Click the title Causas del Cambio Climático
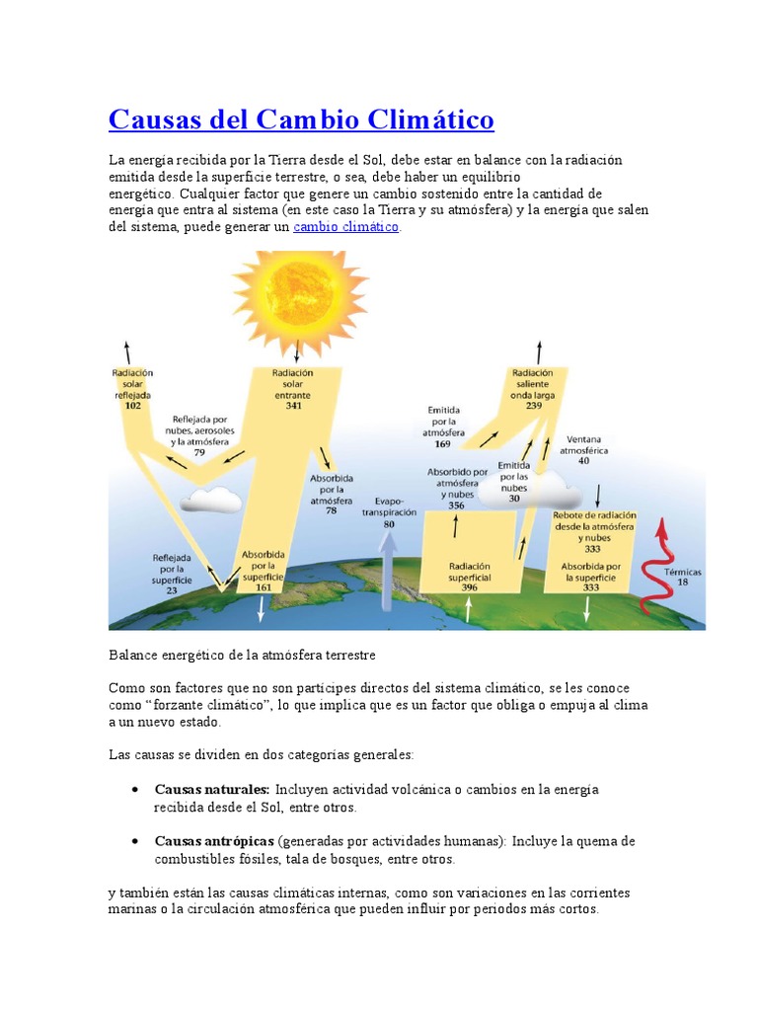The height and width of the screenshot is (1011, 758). [x=301, y=120]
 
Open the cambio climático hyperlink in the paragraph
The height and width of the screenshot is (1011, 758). [x=345, y=227]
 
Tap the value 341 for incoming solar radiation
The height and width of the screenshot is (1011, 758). [x=293, y=406]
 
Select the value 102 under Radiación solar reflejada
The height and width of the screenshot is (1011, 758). [x=133, y=406]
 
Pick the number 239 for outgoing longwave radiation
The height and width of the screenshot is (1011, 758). [x=533, y=406]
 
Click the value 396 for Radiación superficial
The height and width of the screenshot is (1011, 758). [x=470, y=588]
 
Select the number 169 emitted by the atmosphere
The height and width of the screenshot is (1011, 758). [x=442, y=444]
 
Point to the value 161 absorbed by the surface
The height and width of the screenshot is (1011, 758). [x=264, y=587]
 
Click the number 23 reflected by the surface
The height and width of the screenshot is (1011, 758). [x=171, y=590]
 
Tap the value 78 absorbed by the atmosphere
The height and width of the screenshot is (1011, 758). [x=331, y=510]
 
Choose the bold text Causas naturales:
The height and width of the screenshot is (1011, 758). [x=212, y=790]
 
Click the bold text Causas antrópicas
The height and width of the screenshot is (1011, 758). [x=214, y=841]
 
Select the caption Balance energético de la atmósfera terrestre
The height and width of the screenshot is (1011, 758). [x=242, y=655]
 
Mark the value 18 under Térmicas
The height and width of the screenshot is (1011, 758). [x=684, y=583]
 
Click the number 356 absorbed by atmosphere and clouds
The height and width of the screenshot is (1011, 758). [x=456, y=505]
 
